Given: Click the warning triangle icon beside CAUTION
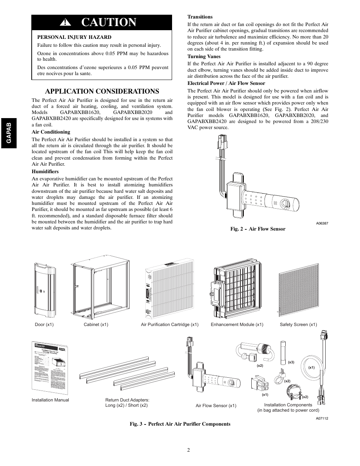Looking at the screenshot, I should tap(67, 23).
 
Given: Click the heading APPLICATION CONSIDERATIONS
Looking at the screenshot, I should tap(102, 91).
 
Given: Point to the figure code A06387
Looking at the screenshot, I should tap(322, 223).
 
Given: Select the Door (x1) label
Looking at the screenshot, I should tap(44, 325).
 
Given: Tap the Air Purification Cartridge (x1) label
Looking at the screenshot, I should tap(169, 325).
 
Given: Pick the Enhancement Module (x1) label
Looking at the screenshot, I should tap(237, 325).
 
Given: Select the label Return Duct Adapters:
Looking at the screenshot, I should tap(127, 400).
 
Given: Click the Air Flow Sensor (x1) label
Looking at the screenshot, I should tap(216, 406).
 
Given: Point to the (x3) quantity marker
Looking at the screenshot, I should tap(291, 362).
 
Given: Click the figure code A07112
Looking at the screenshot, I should tap(322, 418).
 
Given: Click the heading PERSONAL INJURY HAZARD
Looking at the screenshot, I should tap(74, 37).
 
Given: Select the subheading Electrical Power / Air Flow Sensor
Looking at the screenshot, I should tap(226, 83).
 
